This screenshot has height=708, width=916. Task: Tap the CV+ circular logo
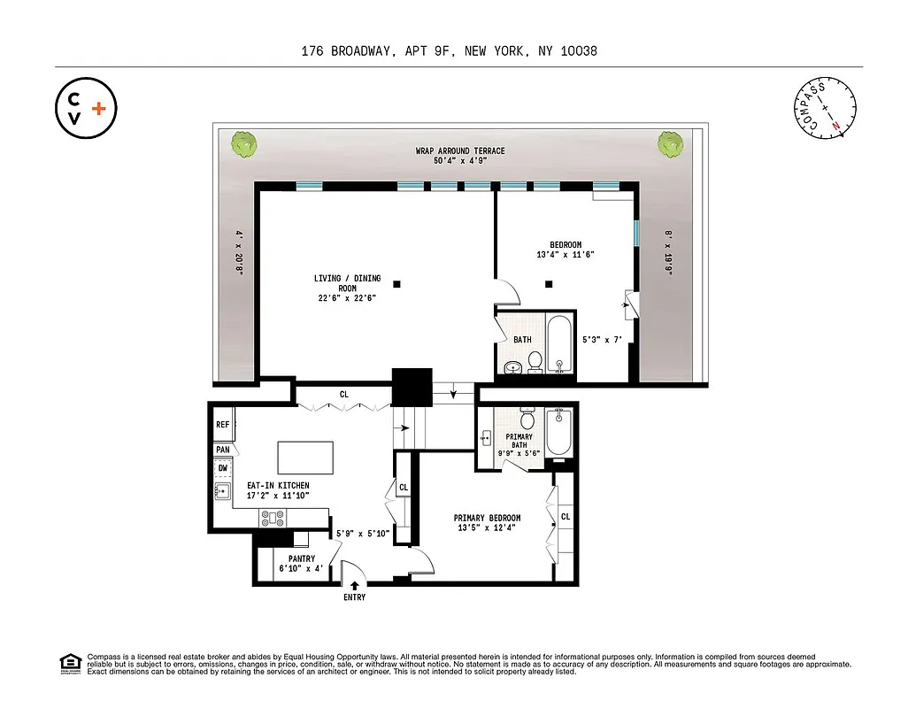coord(86,108)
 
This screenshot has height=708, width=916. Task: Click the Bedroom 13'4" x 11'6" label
coord(566,250)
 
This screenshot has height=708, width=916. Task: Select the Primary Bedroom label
coord(487,523)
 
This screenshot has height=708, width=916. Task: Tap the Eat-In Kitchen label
coord(278,490)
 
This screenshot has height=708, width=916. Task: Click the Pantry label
coord(302,564)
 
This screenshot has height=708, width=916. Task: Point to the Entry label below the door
coord(353,597)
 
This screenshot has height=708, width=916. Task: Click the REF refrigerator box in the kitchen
coord(222,426)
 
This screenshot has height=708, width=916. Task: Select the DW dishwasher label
coord(222,468)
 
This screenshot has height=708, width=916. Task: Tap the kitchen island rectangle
coord(306,458)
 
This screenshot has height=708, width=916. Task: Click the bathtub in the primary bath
coord(560,433)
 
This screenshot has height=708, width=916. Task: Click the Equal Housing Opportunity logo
coord(69,663)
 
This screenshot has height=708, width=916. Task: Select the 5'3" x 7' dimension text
coord(603,338)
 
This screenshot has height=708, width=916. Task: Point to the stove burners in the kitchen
coord(271,519)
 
